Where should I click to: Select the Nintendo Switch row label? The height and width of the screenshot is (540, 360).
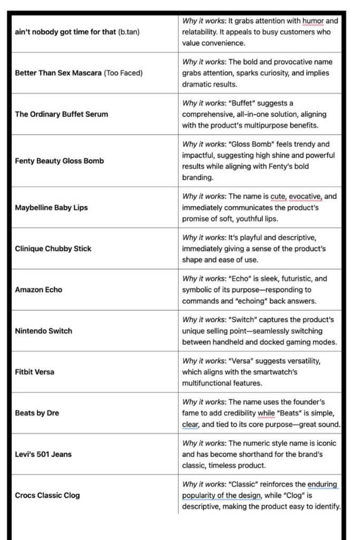[x=44, y=331]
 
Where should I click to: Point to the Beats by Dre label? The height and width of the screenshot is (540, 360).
[x=37, y=413]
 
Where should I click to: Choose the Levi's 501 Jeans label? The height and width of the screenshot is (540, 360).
[x=43, y=454]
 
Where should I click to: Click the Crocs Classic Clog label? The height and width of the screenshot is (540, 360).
[x=47, y=495]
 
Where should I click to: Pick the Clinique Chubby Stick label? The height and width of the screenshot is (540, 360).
[x=53, y=248]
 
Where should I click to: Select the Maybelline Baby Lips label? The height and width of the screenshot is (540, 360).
[x=51, y=207]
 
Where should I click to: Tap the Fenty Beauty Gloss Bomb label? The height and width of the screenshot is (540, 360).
[x=59, y=161]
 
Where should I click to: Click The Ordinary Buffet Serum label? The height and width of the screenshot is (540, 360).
[x=61, y=113]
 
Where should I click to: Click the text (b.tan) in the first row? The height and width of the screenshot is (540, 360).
[x=129, y=32]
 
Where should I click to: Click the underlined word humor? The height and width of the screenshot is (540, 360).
[x=313, y=21]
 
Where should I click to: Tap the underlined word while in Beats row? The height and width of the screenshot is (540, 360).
[x=267, y=413]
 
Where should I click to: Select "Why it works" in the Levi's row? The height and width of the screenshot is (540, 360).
[x=204, y=443]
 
